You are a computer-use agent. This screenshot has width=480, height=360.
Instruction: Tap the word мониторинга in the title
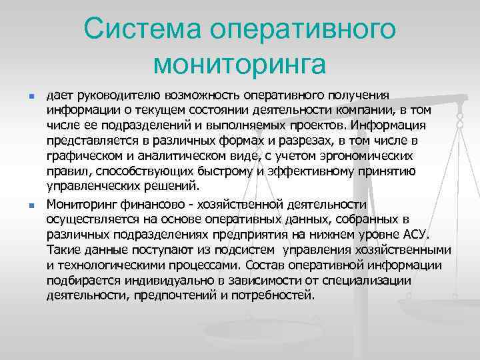click(x=239, y=65)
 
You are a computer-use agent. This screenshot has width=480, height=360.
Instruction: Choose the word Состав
click(x=278, y=265)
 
